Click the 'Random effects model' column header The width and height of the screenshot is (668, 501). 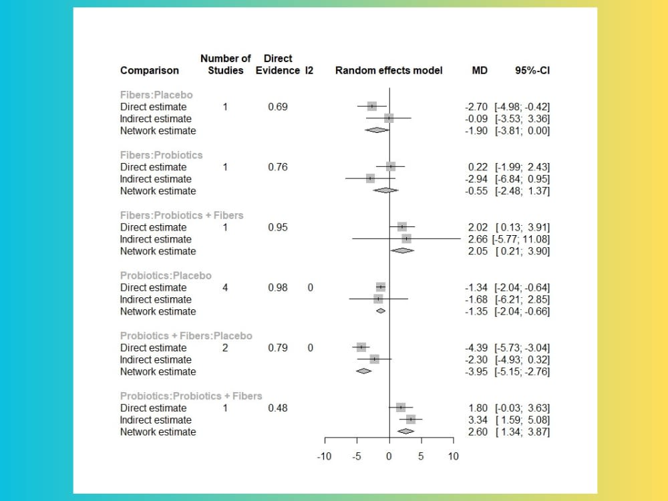click(x=389, y=70)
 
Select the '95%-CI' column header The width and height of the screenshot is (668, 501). click(x=532, y=70)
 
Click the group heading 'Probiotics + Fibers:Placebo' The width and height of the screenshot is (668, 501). click(x=186, y=335)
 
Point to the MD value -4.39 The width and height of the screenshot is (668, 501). click(x=476, y=347)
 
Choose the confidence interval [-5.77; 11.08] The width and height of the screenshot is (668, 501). click(x=522, y=239)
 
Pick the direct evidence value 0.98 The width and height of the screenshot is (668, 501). click(x=278, y=287)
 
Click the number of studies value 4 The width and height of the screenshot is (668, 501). click(x=225, y=287)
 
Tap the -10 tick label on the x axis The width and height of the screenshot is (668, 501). click(x=324, y=456)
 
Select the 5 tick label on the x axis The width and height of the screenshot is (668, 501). click(x=421, y=456)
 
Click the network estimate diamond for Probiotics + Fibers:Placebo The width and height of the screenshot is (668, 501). click(x=364, y=371)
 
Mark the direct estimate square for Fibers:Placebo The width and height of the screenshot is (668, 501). click(x=372, y=106)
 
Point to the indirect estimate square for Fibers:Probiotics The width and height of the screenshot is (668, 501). click(x=370, y=178)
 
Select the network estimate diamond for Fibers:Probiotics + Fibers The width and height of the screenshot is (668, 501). click(x=402, y=251)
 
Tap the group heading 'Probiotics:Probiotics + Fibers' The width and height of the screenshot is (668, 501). click(x=191, y=395)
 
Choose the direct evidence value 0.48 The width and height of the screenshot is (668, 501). click(x=278, y=407)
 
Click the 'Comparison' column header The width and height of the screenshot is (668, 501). click(x=150, y=70)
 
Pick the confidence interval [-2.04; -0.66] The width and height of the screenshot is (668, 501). click(x=522, y=311)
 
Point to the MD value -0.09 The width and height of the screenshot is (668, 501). click(x=476, y=118)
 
